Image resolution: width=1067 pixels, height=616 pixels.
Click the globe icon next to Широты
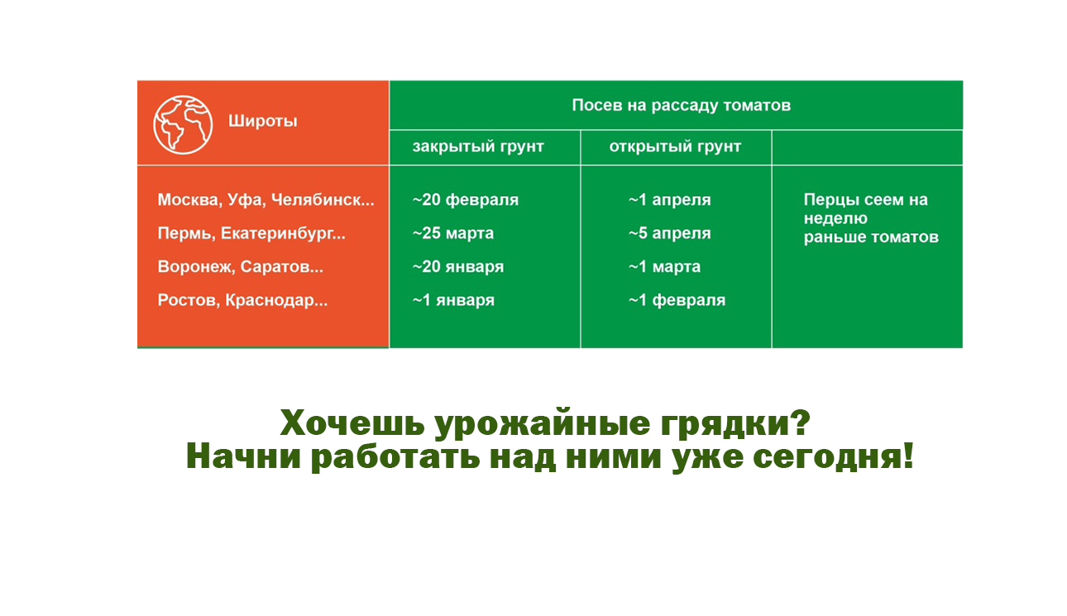(183, 125)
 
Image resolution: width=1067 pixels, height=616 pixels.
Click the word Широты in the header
(262, 121)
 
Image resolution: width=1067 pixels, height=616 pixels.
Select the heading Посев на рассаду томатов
(682, 105)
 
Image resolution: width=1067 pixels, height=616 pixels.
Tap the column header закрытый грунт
(478, 146)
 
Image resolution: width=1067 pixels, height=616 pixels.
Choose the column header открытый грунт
(675, 146)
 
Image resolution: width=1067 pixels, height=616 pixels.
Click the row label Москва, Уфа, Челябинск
(266, 199)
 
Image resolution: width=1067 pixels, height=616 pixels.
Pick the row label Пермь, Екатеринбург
(251, 233)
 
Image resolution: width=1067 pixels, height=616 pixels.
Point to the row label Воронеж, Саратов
(241, 266)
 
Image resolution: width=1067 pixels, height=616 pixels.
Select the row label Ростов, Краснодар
(242, 300)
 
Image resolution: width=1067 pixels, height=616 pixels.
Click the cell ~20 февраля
(466, 200)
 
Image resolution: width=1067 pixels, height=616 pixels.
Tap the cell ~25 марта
(453, 233)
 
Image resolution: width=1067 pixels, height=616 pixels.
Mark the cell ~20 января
(458, 266)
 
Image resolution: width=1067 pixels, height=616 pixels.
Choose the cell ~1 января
(453, 300)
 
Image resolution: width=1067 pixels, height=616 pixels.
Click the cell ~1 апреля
(670, 200)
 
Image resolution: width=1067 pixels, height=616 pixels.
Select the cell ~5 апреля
(670, 233)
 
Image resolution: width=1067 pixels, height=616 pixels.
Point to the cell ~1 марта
(664, 266)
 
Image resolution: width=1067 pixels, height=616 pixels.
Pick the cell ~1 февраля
(677, 300)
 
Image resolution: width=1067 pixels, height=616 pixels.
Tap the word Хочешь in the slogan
(352, 423)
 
